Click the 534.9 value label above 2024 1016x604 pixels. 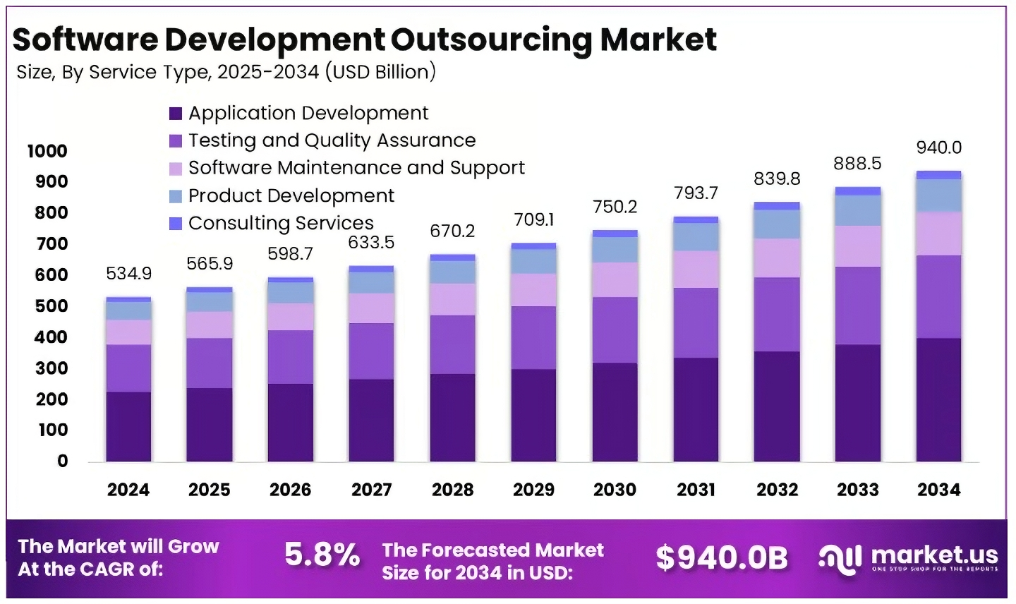tap(128, 273)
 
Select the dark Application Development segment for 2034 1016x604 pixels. tap(938, 399)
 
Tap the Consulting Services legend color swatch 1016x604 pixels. tap(176, 224)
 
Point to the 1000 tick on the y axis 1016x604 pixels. tap(47, 151)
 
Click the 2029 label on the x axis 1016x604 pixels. tap(533, 490)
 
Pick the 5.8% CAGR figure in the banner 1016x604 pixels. tap(322, 555)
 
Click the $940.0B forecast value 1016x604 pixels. tap(721, 557)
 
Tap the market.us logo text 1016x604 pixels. tap(934, 555)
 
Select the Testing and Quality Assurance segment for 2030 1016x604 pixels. tap(615, 330)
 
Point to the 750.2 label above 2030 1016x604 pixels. tap(615, 207)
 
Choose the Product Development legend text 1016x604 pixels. tap(291, 195)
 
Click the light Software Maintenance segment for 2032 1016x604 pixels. tap(777, 258)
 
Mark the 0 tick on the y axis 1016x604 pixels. tap(63, 461)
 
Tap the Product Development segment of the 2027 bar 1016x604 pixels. tap(371, 283)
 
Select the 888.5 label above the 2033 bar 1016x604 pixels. tap(857, 164)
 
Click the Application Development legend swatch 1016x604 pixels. tap(176, 114)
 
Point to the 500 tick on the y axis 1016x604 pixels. tap(51, 306)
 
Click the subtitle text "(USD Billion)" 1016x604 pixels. tap(380, 72)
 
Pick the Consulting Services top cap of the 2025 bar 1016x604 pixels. tap(209, 289)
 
